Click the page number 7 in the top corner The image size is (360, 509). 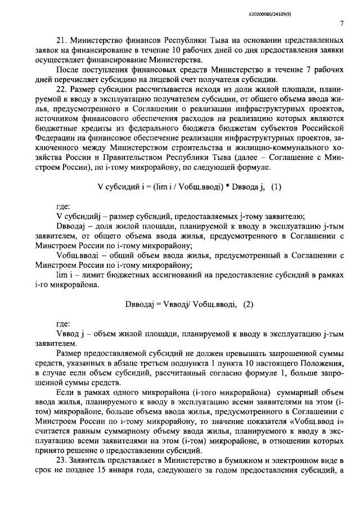[x=341, y=23]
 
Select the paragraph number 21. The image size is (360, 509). [x=62, y=41]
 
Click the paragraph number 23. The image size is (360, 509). [x=62, y=461]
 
